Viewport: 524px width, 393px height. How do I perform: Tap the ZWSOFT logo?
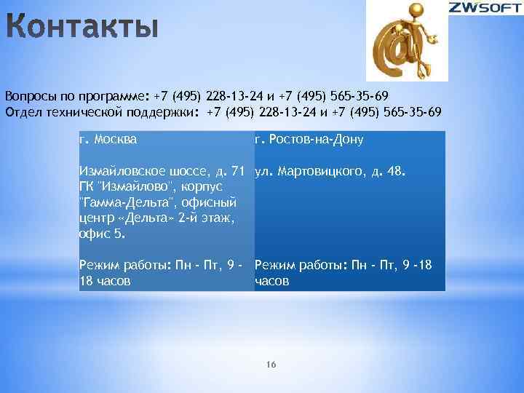click(485, 9)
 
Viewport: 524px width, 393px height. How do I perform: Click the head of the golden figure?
click(416, 11)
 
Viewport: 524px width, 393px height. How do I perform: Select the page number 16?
click(271, 364)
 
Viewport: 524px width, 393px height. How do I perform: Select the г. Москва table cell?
click(108, 138)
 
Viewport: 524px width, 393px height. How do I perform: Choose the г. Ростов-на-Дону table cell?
click(309, 139)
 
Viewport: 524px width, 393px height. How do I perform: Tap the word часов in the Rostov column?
click(272, 281)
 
